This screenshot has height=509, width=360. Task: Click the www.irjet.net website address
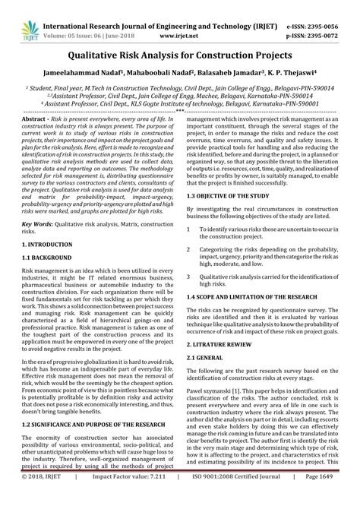point(178,23)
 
